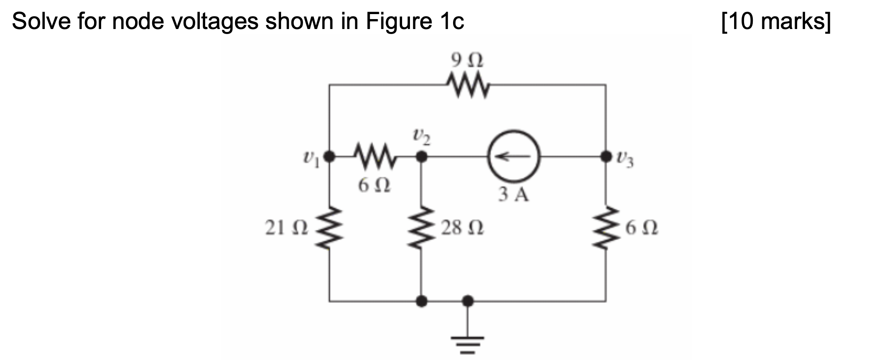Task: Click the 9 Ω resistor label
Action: [x=467, y=61]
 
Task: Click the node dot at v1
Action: [x=329, y=157]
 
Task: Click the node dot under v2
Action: [x=422, y=157]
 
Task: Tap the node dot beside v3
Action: [x=606, y=157]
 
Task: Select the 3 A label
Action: [x=514, y=194]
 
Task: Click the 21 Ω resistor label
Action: [x=286, y=228]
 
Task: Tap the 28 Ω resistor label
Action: [x=462, y=228]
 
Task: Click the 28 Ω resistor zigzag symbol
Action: [x=422, y=228]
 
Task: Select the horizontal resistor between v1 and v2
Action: [x=375, y=157]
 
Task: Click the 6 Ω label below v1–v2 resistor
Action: [x=374, y=185]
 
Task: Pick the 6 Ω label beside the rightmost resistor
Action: [x=641, y=228]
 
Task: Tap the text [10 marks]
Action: [x=776, y=22]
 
